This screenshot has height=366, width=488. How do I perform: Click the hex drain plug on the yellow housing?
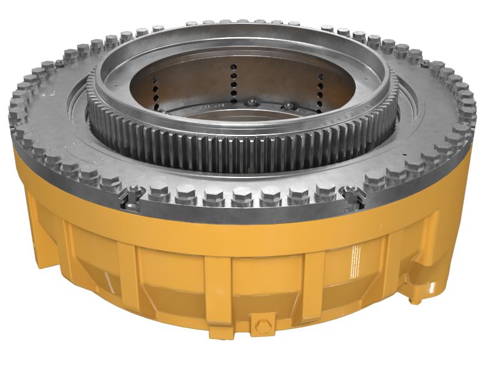[x=262, y=323]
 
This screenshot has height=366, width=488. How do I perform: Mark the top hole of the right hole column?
[x=320, y=77]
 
